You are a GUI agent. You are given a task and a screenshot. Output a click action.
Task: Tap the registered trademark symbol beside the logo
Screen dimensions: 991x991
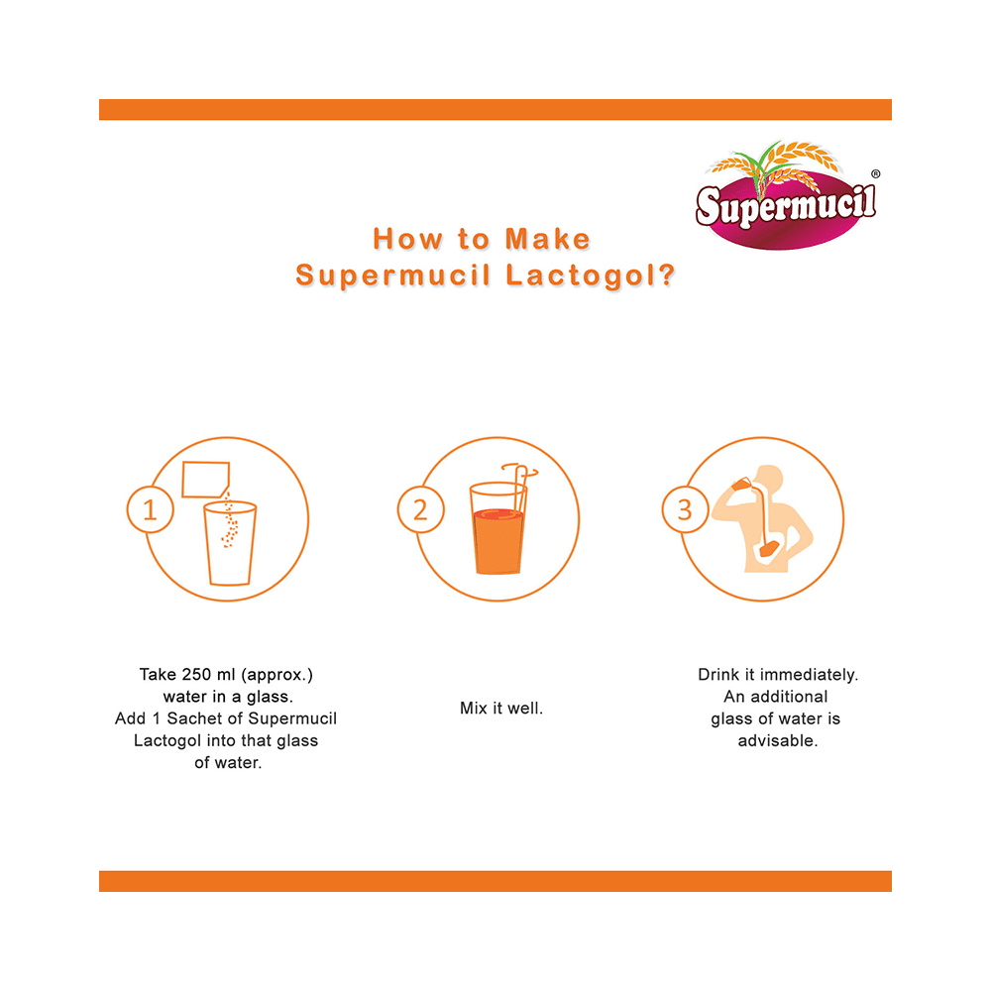tap(875, 173)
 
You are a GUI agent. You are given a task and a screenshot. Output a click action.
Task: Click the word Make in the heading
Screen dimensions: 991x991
tap(547, 239)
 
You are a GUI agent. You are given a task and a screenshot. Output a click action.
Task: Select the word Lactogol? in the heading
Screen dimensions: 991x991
tap(591, 275)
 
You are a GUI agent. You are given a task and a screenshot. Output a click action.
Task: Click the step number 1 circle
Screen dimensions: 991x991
tap(150, 509)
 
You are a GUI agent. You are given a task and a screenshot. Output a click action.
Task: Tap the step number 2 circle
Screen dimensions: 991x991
tap(420, 509)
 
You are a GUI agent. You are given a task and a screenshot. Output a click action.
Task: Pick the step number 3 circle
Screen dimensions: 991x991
tap(685, 509)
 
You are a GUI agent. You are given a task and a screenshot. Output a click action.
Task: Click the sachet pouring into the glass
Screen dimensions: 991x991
tap(205, 480)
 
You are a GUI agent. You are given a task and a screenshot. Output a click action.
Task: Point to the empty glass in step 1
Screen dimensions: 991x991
tap(230, 543)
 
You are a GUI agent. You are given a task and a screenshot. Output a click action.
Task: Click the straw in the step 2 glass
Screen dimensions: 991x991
tap(520, 488)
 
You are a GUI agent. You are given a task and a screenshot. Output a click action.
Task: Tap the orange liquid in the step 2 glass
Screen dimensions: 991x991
tap(498, 542)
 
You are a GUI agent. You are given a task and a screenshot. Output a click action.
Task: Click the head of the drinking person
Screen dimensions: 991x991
tap(769, 479)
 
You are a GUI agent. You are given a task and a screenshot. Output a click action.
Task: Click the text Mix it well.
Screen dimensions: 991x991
tap(501, 708)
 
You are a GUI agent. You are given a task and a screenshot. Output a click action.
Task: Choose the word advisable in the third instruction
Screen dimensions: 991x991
tap(777, 740)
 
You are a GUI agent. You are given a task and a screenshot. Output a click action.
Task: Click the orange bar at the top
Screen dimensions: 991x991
tap(495, 109)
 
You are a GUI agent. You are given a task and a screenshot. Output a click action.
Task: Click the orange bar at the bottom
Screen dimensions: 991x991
tap(495, 881)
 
